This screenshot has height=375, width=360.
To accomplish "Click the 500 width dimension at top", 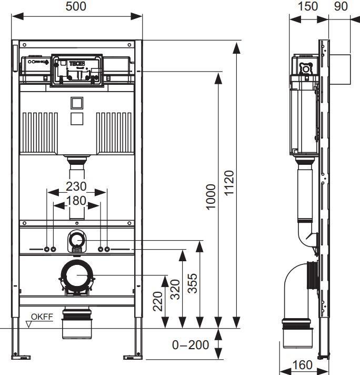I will click(x=76, y=6).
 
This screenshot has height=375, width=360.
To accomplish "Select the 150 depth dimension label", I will click(x=308, y=6).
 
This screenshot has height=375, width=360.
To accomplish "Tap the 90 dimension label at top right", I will click(x=341, y=6).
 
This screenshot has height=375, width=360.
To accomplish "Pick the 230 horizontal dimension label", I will click(x=76, y=186).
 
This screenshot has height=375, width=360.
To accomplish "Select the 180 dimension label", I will click(x=77, y=201).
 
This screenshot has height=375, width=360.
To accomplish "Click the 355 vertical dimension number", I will click(x=193, y=284).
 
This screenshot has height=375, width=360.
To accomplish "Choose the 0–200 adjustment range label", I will click(x=191, y=346).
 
